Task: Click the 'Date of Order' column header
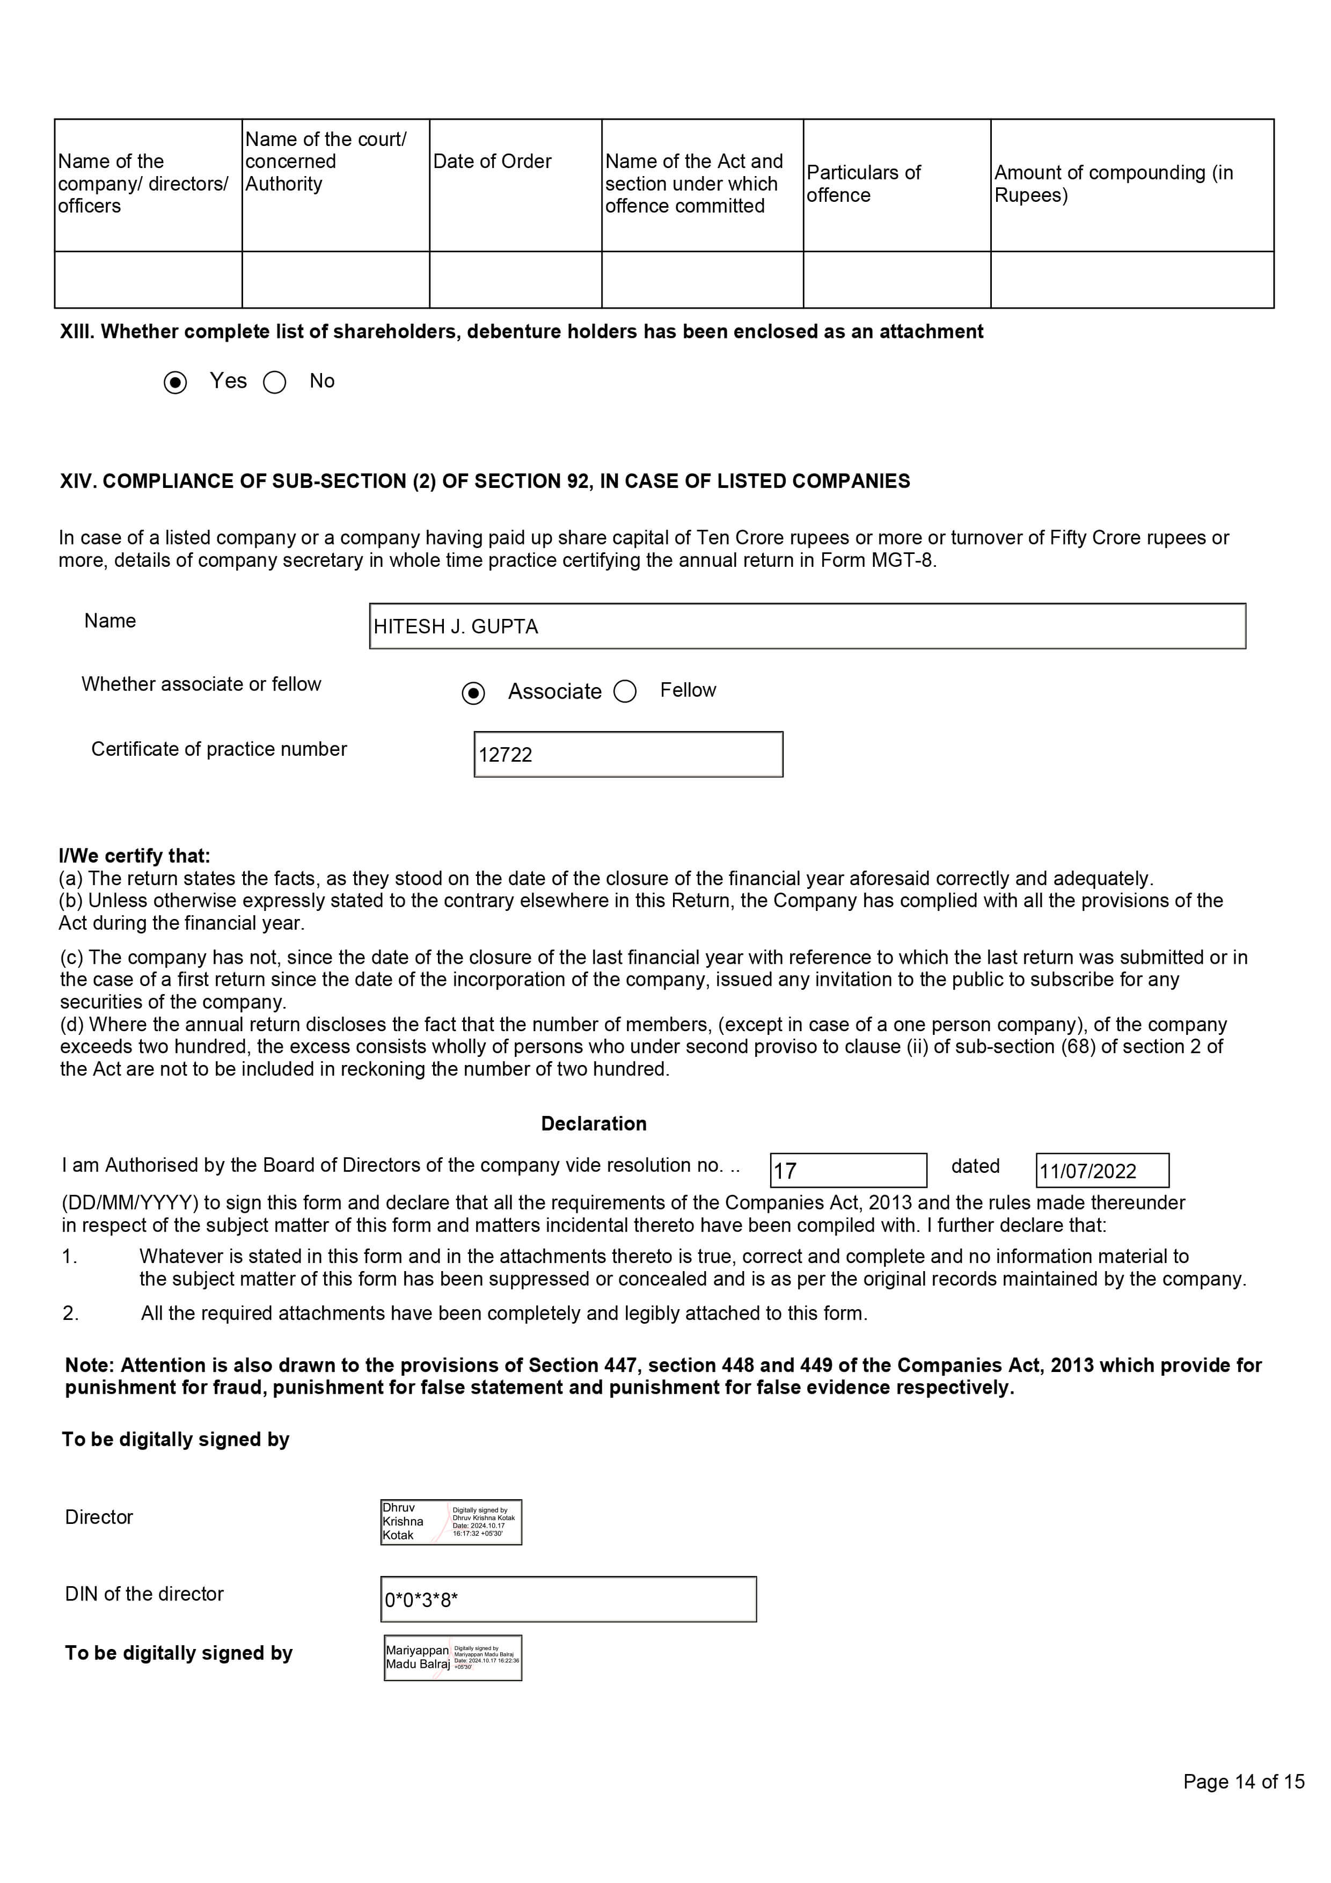point(492,162)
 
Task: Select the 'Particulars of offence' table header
point(864,184)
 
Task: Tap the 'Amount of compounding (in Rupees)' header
point(1113,184)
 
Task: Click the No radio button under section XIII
point(275,382)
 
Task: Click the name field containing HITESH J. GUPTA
point(807,626)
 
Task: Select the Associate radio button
point(473,692)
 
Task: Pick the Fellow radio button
point(625,691)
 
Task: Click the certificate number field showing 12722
point(628,755)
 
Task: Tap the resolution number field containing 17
point(848,1170)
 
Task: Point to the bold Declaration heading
point(594,1123)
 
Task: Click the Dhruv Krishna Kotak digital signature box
point(451,1522)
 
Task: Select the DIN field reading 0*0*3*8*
point(568,1599)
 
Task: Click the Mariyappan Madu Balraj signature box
point(452,1658)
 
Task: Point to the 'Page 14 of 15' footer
point(1244,1782)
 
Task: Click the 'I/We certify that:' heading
point(135,856)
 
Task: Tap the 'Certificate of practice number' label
point(219,749)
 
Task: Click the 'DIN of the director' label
point(144,1594)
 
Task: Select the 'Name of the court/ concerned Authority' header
point(326,162)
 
